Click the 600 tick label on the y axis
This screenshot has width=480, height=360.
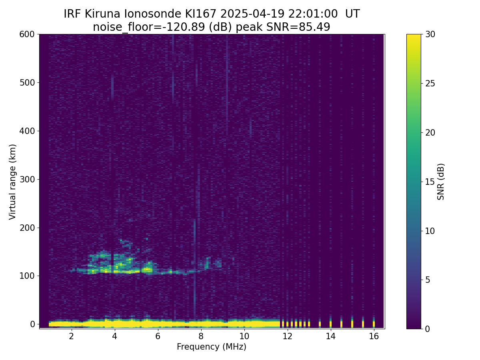[27, 34]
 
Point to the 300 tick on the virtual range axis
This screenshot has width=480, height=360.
[27, 180]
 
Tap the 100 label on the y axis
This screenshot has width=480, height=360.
[27, 276]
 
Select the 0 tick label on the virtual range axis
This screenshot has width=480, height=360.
[32, 324]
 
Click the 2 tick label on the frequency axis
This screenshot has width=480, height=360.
[71, 336]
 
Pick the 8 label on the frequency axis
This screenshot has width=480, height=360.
[201, 336]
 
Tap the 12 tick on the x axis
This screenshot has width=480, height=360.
[287, 336]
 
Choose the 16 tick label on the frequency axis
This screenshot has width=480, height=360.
[374, 336]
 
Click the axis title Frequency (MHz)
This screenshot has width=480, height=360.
[212, 347]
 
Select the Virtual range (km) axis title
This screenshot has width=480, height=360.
[12, 182]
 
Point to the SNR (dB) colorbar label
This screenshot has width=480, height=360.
[441, 182]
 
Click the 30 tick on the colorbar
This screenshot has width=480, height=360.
[430, 34]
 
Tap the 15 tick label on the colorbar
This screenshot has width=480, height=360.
[430, 182]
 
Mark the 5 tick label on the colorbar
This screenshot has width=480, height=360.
[428, 280]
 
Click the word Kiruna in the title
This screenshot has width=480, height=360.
[102, 14]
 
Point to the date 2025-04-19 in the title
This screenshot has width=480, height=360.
[252, 14]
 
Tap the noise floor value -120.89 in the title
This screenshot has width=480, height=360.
[186, 27]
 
